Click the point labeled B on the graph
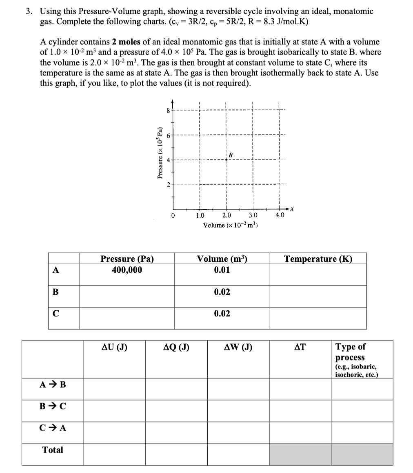(226, 159)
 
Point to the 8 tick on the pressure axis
(167, 110)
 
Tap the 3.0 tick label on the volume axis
(253, 216)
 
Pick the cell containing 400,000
(127, 270)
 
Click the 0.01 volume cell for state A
(222, 270)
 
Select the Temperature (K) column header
(318, 259)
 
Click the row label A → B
(53, 385)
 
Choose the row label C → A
(53, 428)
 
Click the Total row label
(53, 450)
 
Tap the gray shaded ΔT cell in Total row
(300, 454)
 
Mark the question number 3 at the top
(28, 11)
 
